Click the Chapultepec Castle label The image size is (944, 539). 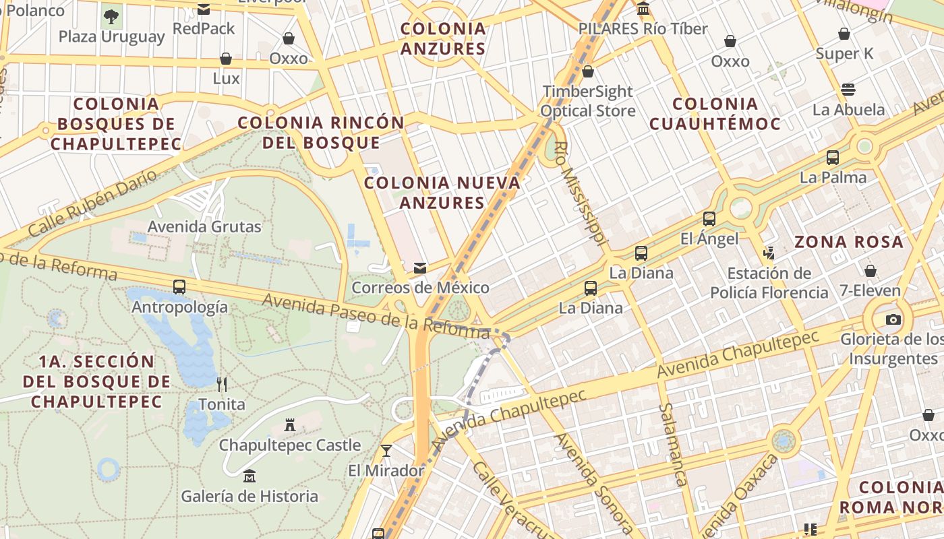point(290,445)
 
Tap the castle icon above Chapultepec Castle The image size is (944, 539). point(290,425)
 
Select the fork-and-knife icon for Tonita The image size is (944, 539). point(222,385)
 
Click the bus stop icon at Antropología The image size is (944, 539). point(179,287)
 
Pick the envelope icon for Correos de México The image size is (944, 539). point(420,268)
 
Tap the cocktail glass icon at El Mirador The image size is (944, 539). point(386,450)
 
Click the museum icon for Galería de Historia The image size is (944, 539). point(249,476)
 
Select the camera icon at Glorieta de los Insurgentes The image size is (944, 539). point(893,319)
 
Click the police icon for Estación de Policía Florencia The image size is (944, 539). point(769,253)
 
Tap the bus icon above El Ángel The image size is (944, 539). point(709,218)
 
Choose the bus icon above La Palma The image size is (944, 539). point(833,158)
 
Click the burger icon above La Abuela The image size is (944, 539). point(848,90)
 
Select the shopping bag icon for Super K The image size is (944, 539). point(844,34)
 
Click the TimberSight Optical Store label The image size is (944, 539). point(588,101)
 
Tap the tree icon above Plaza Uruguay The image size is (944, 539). point(111,16)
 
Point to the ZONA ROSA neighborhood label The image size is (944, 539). point(848,242)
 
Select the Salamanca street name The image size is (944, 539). point(673,444)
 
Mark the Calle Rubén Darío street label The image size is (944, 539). point(93,203)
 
